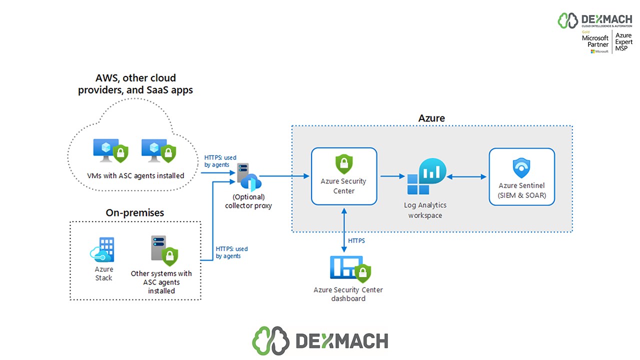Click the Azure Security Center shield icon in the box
344,163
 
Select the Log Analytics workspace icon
425,177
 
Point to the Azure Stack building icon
103,250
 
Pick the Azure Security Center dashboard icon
350,269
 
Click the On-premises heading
135,212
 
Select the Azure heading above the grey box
431,118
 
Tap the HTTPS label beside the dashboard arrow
356,241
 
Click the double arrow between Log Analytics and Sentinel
466,176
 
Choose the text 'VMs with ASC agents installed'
135,175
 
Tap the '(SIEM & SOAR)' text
521,195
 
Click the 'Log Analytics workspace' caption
425,210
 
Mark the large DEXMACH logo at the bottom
320,340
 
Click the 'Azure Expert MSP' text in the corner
623,42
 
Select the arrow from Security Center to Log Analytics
392,176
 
